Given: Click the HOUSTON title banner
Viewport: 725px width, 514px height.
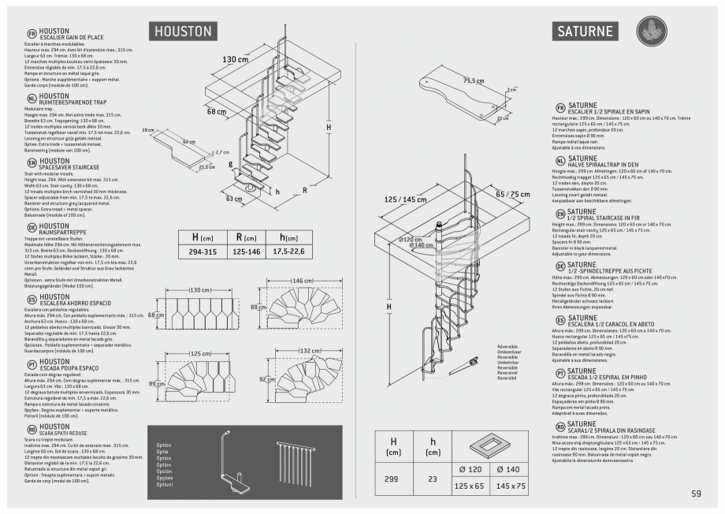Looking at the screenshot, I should click(x=183, y=31).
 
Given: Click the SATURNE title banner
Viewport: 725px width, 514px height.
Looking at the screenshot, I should click(x=587, y=32).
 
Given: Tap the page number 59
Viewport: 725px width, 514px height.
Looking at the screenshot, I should click(x=696, y=494).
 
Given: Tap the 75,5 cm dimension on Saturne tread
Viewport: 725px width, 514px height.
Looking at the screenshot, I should click(x=474, y=80).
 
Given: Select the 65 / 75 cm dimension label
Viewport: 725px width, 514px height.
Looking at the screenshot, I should click(x=513, y=193).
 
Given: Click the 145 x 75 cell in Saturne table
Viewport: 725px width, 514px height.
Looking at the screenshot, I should click(x=511, y=486).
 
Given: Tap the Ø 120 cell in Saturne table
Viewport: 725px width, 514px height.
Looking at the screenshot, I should click(x=470, y=470).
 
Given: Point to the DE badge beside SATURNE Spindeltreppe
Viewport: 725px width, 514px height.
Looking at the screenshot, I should click(x=560, y=267).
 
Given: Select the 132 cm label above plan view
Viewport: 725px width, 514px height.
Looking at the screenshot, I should click(x=308, y=350).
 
